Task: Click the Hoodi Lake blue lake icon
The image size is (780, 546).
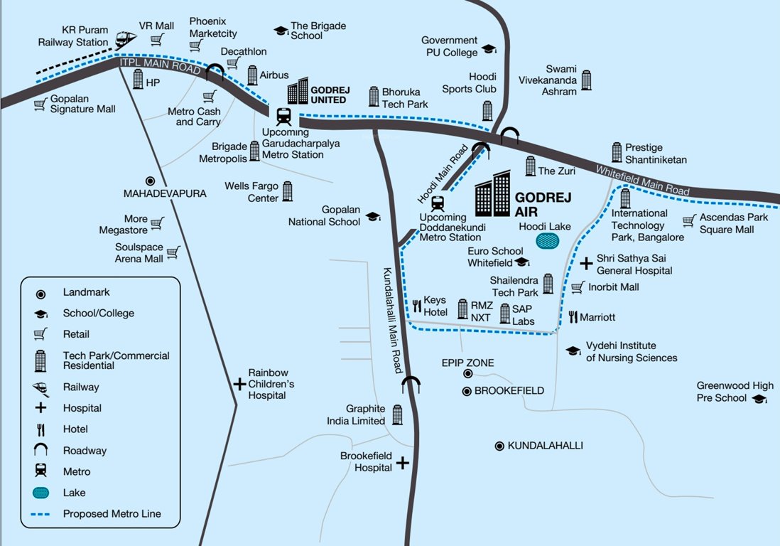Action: [547, 241]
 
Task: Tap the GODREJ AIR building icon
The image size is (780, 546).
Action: [492, 193]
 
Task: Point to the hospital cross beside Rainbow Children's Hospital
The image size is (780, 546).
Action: [239, 384]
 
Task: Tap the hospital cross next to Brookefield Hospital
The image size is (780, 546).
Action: [403, 463]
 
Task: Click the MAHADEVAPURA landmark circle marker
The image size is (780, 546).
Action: [150, 181]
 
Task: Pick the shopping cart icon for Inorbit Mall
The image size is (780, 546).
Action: [578, 287]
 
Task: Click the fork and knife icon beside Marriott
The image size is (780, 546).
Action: [573, 317]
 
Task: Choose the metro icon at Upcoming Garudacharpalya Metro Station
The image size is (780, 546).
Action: [283, 116]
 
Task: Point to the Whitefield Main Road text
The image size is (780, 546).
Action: [642, 181]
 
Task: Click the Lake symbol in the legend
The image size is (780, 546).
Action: [41, 493]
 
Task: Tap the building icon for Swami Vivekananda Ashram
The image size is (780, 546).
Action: [586, 80]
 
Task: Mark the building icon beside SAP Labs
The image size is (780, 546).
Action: [505, 314]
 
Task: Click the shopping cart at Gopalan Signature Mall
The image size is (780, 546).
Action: [40, 105]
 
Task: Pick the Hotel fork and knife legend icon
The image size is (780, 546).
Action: [41, 429]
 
